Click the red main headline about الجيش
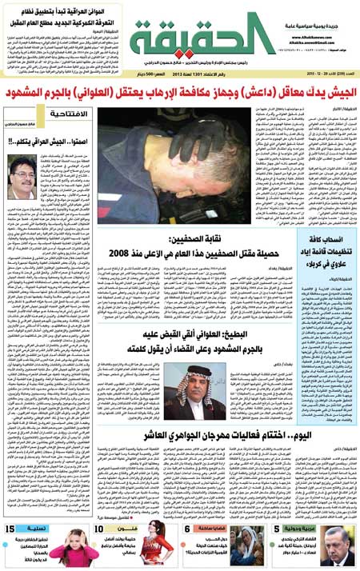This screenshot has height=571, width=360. tap(180, 94)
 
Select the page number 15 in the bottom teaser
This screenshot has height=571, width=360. tap(13, 529)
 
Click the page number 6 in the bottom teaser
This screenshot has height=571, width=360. tap(186, 529)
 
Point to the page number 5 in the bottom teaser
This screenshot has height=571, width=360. tap(276, 529)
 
